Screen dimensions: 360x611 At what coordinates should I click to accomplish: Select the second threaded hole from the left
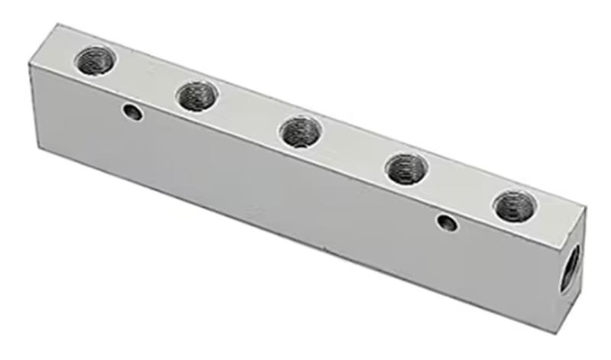click(196, 96)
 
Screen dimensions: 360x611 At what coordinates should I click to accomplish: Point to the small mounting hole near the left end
click(133, 114)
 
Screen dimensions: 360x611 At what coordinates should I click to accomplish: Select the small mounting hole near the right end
click(447, 223)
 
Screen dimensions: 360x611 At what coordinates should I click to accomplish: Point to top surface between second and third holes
click(248, 115)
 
